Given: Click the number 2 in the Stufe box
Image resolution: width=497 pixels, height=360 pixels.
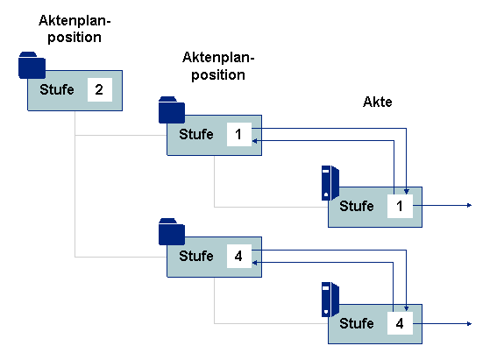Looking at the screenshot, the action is point(99,89).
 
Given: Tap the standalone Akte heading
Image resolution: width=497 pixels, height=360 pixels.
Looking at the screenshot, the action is point(377,102).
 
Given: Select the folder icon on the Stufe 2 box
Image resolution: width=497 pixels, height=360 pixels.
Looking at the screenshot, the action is point(32,65).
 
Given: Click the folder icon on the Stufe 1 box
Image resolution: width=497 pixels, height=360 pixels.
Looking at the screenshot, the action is point(172,109).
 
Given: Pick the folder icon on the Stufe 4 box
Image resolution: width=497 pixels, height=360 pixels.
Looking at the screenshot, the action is point(172,231).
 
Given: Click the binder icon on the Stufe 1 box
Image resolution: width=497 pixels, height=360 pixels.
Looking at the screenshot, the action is point(330,183).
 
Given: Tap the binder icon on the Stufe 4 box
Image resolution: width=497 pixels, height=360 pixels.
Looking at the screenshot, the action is point(330,300).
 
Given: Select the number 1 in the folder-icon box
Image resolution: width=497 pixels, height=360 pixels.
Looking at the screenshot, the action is point(238,134).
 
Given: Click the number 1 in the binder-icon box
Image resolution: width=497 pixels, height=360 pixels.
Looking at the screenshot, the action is point(400,206).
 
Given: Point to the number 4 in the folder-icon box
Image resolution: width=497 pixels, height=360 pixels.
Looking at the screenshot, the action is point(238,256).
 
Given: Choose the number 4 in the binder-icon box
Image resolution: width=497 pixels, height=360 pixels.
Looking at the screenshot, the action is point(400,323).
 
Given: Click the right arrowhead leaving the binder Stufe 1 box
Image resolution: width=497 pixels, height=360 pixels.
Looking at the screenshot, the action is point(470,206).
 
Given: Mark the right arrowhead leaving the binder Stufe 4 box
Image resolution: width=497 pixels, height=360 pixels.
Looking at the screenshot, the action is point(470,323).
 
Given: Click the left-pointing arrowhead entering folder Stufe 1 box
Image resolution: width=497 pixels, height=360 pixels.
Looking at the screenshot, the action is point(254,140).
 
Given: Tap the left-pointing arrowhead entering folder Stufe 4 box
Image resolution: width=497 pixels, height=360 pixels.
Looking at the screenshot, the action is point(254,263).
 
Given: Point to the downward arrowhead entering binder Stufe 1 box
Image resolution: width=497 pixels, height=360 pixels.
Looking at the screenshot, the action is point(407,192).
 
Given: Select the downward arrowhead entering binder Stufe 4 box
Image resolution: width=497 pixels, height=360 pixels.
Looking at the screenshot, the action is point(407,308).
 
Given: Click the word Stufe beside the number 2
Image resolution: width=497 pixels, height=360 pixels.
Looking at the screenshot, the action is point(57,89).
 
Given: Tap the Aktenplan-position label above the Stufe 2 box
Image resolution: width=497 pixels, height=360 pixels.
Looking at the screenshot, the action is point(75,29).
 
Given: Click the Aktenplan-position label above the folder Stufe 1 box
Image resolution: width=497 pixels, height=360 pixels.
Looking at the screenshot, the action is point(218,67).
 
